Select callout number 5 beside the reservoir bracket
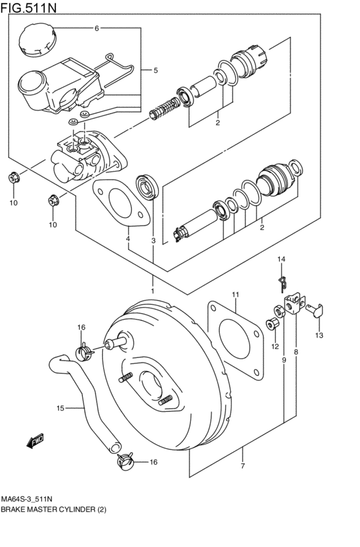(156, 71)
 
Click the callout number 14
(282, 259)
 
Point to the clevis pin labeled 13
(315, 310)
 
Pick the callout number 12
(275, 346)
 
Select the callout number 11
(235, 295)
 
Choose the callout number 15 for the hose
(60, 408)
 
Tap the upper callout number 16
(81, 327)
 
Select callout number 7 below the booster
(243, 465)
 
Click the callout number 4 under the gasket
(128, 239)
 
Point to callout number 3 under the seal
(153, 240)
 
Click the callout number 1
(152, 291)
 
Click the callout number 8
(296, 352)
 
